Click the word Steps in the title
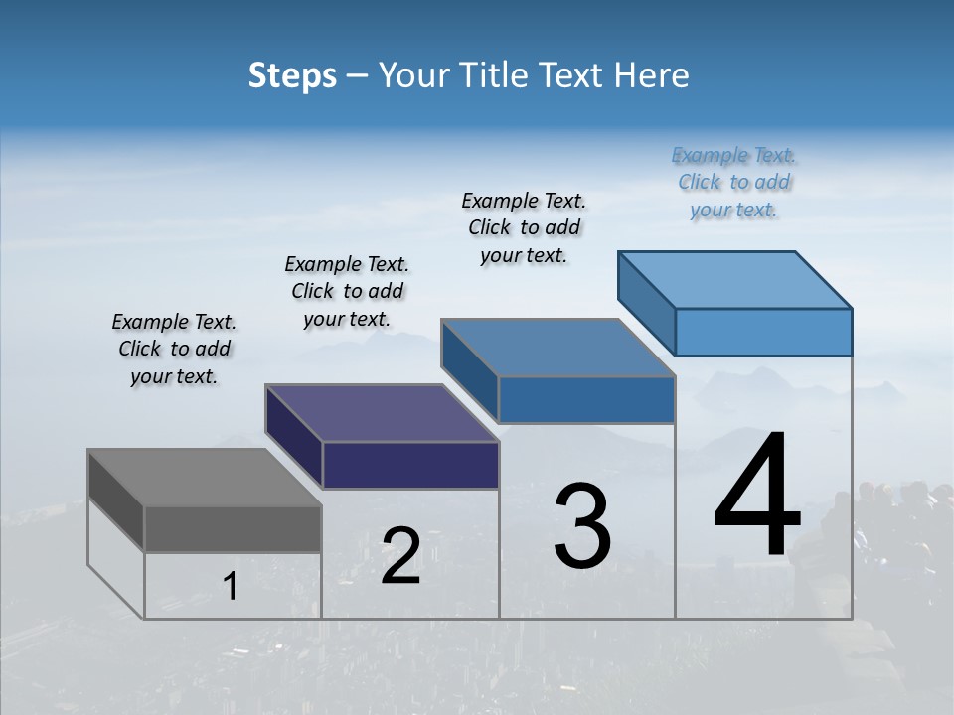click(x=292, y=75)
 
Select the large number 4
click(x=757, y=496)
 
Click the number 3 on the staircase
click(x=582, y=526)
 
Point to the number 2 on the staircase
click(x=400, y=556)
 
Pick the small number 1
click(x=231, y=587)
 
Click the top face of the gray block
click(x=204, y=478)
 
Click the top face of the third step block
click(x=557, y=348)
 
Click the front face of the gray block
click(x=233, y=528)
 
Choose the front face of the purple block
click(x=410, y=465)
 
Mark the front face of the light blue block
click(x=763, y=332)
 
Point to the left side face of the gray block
click(x=116, y=500)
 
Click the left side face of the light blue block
click(x=647, y=303)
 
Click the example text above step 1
click(x=174, y=350)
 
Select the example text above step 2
click(x=347, y=292)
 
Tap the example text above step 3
click(x=524, y=228)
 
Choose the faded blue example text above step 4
click(x=734, y=183)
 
